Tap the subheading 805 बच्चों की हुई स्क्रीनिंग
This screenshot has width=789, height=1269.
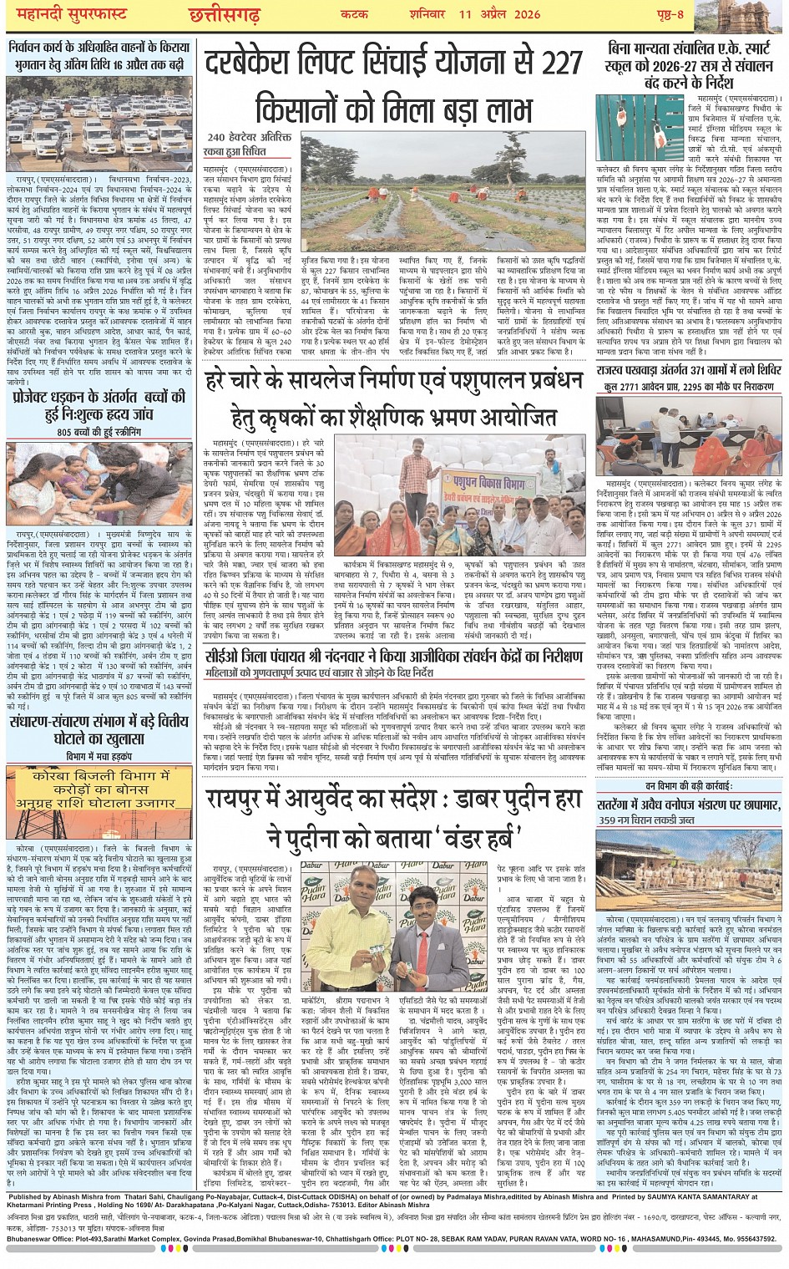99,432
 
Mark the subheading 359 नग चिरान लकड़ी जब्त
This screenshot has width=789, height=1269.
658,820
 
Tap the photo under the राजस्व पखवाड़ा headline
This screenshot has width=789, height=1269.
688,435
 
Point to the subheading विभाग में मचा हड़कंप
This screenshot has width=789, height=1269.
99,756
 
